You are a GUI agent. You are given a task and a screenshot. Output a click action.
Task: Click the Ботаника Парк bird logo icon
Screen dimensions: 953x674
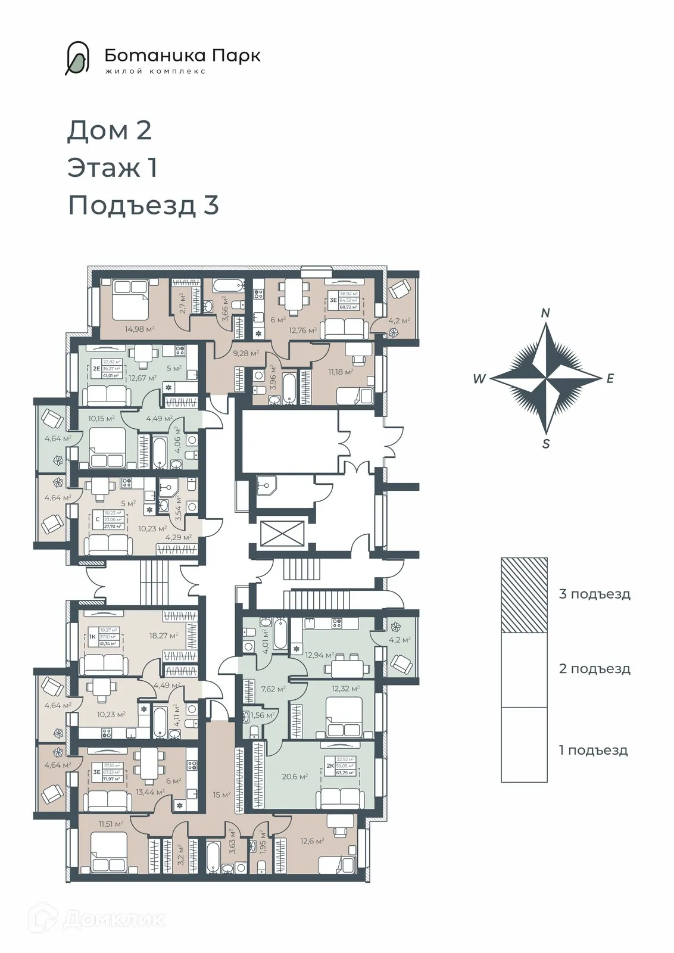click(x=77, y=58)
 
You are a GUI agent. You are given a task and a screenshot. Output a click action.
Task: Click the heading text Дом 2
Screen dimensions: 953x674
click(x=110, y=130)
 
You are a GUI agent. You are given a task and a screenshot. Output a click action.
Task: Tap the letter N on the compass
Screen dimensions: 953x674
click(x=545, y=313)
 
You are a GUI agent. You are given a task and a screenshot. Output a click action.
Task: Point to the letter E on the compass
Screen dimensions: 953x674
click(x=610, y=379)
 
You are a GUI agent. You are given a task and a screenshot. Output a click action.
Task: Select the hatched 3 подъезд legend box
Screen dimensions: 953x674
click(x=524, y=595)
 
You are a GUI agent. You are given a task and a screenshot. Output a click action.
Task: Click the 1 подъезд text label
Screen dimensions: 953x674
click(x=593, y=750)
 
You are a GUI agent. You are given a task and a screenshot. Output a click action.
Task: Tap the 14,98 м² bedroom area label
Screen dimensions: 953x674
click(x=140, y=328)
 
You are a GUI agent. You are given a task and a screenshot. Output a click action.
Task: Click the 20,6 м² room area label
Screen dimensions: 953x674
click(x=295, y=777)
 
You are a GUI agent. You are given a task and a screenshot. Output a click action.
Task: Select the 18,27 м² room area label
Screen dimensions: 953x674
click(x=164, y=636)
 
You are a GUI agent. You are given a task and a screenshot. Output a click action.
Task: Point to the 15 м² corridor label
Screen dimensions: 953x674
click(x=221, y=795)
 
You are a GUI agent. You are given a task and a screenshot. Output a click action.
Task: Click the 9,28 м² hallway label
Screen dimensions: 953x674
click(x=245, y=353)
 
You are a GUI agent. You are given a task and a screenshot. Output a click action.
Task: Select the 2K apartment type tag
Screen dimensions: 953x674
click(x=329, y=766)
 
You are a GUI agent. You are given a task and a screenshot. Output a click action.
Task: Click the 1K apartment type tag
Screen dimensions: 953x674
click(x=93, y=637)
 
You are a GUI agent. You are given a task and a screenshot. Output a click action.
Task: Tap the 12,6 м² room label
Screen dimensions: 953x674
click(x=312, y=841)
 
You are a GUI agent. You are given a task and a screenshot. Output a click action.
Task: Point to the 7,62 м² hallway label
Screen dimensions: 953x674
click(x=273, y=689)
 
